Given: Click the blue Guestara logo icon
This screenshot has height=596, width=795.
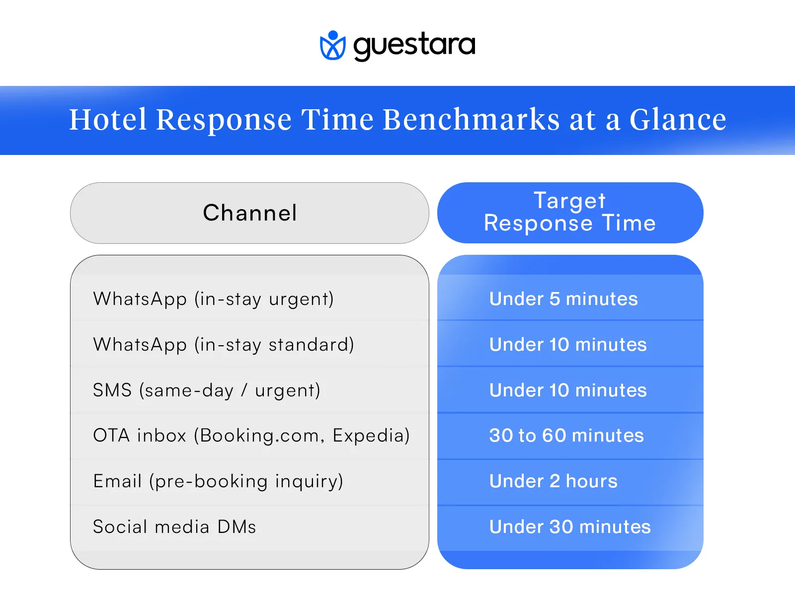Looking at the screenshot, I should [332, 46].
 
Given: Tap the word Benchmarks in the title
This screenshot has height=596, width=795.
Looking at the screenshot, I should [471, 120].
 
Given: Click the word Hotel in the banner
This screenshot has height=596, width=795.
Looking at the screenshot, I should [108, 120].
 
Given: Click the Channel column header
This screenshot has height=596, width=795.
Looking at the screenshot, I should [249, 213].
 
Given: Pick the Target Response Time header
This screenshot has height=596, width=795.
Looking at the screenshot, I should [570, 212].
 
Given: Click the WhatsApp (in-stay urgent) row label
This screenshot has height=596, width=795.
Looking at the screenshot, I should [213, 299].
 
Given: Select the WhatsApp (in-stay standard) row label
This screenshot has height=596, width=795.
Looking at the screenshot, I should [223, 345].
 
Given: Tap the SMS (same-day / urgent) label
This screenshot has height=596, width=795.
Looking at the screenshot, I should [206, 390].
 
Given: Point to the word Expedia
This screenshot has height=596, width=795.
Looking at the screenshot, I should [371, 436].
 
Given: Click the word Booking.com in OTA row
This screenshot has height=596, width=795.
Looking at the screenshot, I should [259, 436].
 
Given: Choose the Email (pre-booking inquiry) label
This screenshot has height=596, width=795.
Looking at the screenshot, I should [218, 481].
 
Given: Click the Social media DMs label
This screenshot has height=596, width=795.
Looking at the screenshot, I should [174, 527].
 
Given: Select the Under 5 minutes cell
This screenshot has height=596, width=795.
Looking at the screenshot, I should [563, 299].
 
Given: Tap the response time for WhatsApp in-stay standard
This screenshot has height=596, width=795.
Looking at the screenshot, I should [567, 345].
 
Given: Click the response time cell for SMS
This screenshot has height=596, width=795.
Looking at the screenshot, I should [567, 390].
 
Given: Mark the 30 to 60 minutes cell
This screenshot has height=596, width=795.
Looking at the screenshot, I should [566, 436].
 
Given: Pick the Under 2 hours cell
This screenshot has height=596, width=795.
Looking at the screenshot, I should [553, 481].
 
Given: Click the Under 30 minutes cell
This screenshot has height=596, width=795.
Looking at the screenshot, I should [569, 527].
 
